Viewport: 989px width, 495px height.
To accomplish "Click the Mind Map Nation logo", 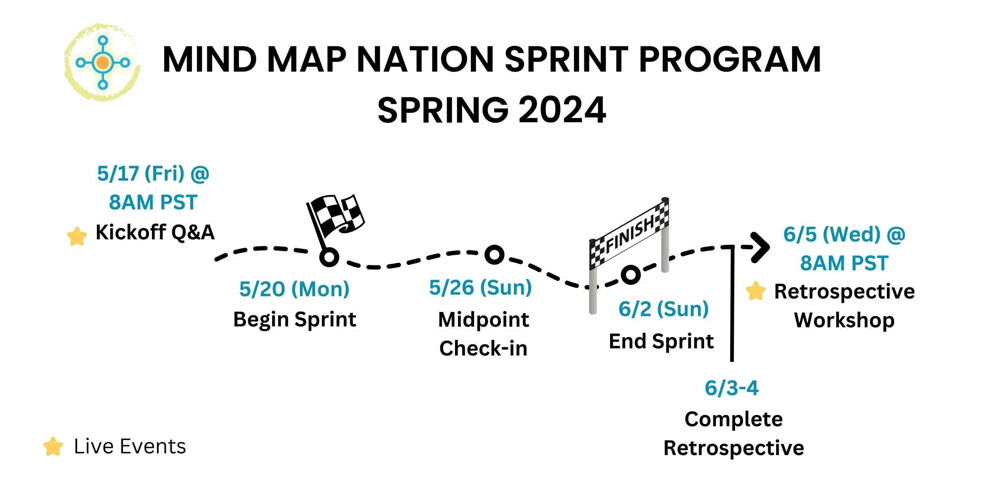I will (102, 62).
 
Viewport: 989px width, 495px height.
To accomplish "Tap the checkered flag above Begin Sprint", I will (336, 216).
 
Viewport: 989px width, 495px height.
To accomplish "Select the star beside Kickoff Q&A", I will (77, 236).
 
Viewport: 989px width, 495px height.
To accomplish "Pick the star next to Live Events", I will (53, 446).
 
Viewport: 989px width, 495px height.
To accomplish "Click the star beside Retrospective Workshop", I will (756, 291).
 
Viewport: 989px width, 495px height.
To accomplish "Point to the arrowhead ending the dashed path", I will (760, 247).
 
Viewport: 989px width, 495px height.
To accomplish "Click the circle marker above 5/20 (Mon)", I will (329, 257).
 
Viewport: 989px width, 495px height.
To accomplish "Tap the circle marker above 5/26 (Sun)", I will (494, 255).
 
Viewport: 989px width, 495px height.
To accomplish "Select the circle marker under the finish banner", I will (631, 274).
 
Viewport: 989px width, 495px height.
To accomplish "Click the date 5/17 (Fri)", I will (141, 173).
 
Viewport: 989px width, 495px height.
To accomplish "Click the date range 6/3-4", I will (731, 388).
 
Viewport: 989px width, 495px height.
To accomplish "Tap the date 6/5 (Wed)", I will (832, 234).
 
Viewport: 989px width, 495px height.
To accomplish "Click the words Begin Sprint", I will (295, 320).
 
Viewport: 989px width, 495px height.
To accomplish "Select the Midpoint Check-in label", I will (483, 334).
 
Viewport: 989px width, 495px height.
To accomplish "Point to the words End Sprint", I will (661, 341).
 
